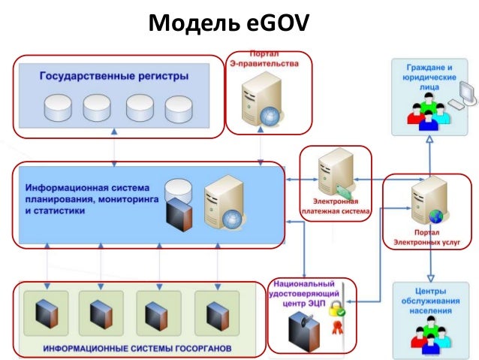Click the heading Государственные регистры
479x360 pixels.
[113, 77]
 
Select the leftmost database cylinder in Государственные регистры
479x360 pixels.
[57, 107]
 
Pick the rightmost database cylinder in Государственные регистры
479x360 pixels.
[179, 108]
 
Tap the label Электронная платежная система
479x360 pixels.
[336, 207]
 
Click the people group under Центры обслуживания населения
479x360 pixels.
[429, 334]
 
